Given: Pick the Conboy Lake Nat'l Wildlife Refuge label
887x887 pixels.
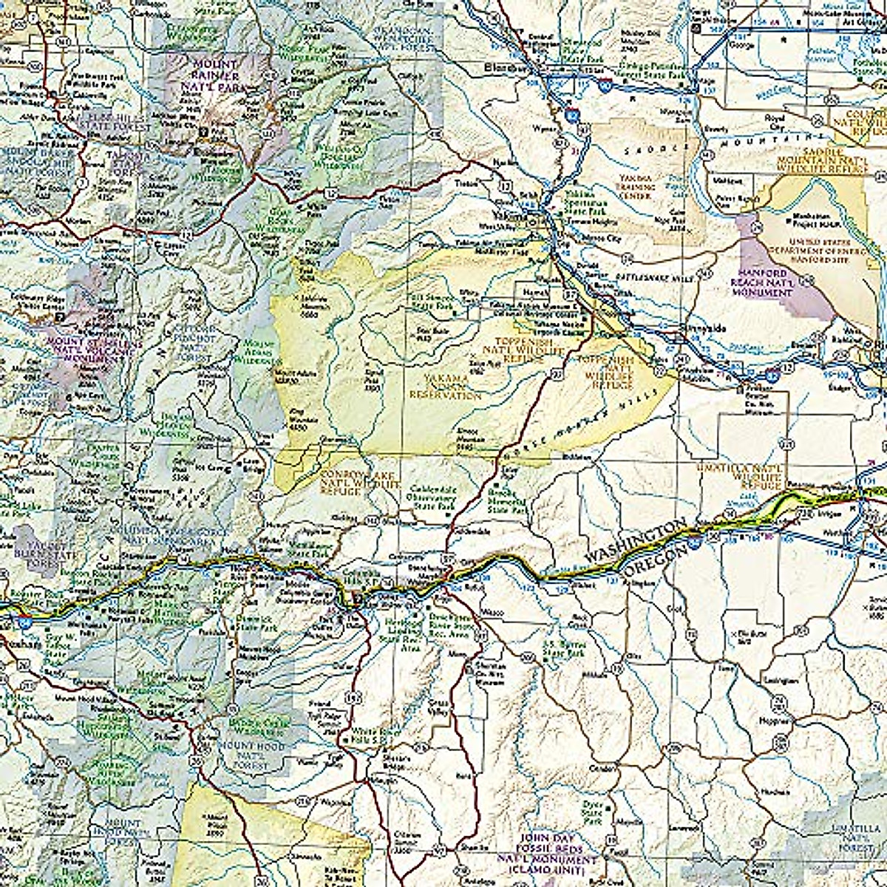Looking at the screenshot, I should [x=352, y=480].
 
